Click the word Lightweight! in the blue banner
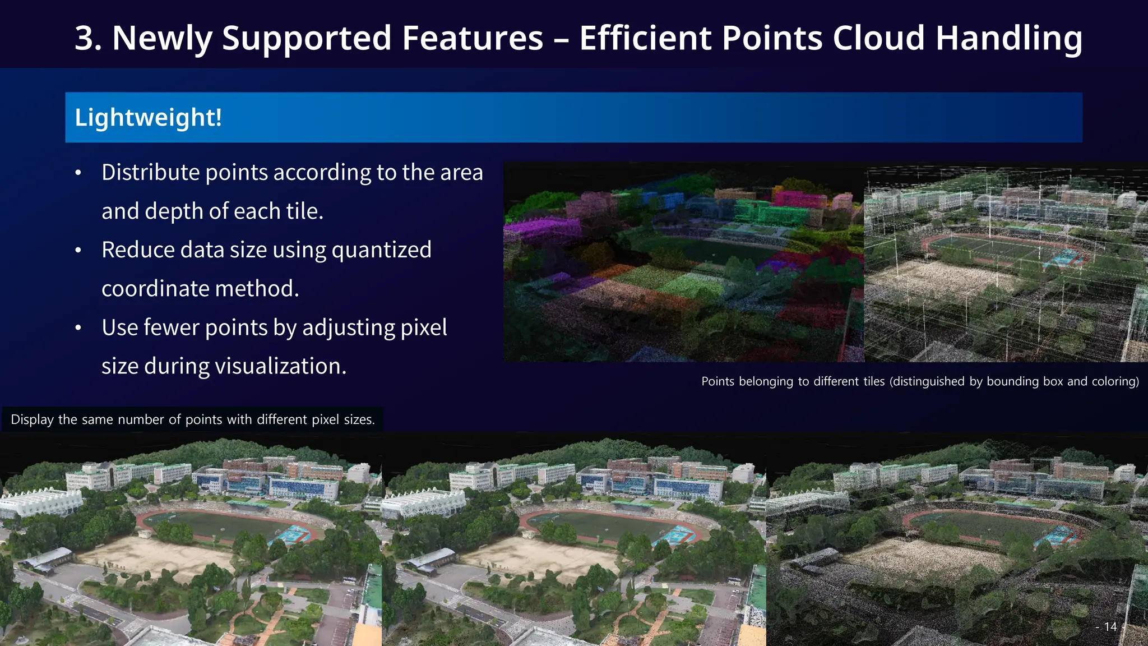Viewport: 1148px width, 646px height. click(x=148, y=118)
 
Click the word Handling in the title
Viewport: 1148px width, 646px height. click(x=1009, y=38)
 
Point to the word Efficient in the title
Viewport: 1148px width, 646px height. click(x=645, y=38)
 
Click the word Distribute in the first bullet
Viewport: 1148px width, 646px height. click(x=150, y=172)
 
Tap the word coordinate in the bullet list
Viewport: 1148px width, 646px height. click(x=155, y=289)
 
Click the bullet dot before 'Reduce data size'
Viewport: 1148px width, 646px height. click(x=78, y=250)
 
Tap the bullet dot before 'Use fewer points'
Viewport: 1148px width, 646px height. click(x=78, y=327)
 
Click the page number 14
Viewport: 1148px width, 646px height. click(x=1110, y=627)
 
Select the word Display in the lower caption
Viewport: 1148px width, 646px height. click(x=32, y=419)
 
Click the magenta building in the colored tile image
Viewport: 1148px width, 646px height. click(x=541, y=230)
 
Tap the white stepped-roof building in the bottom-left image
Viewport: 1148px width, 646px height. click(x=39, y=502)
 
